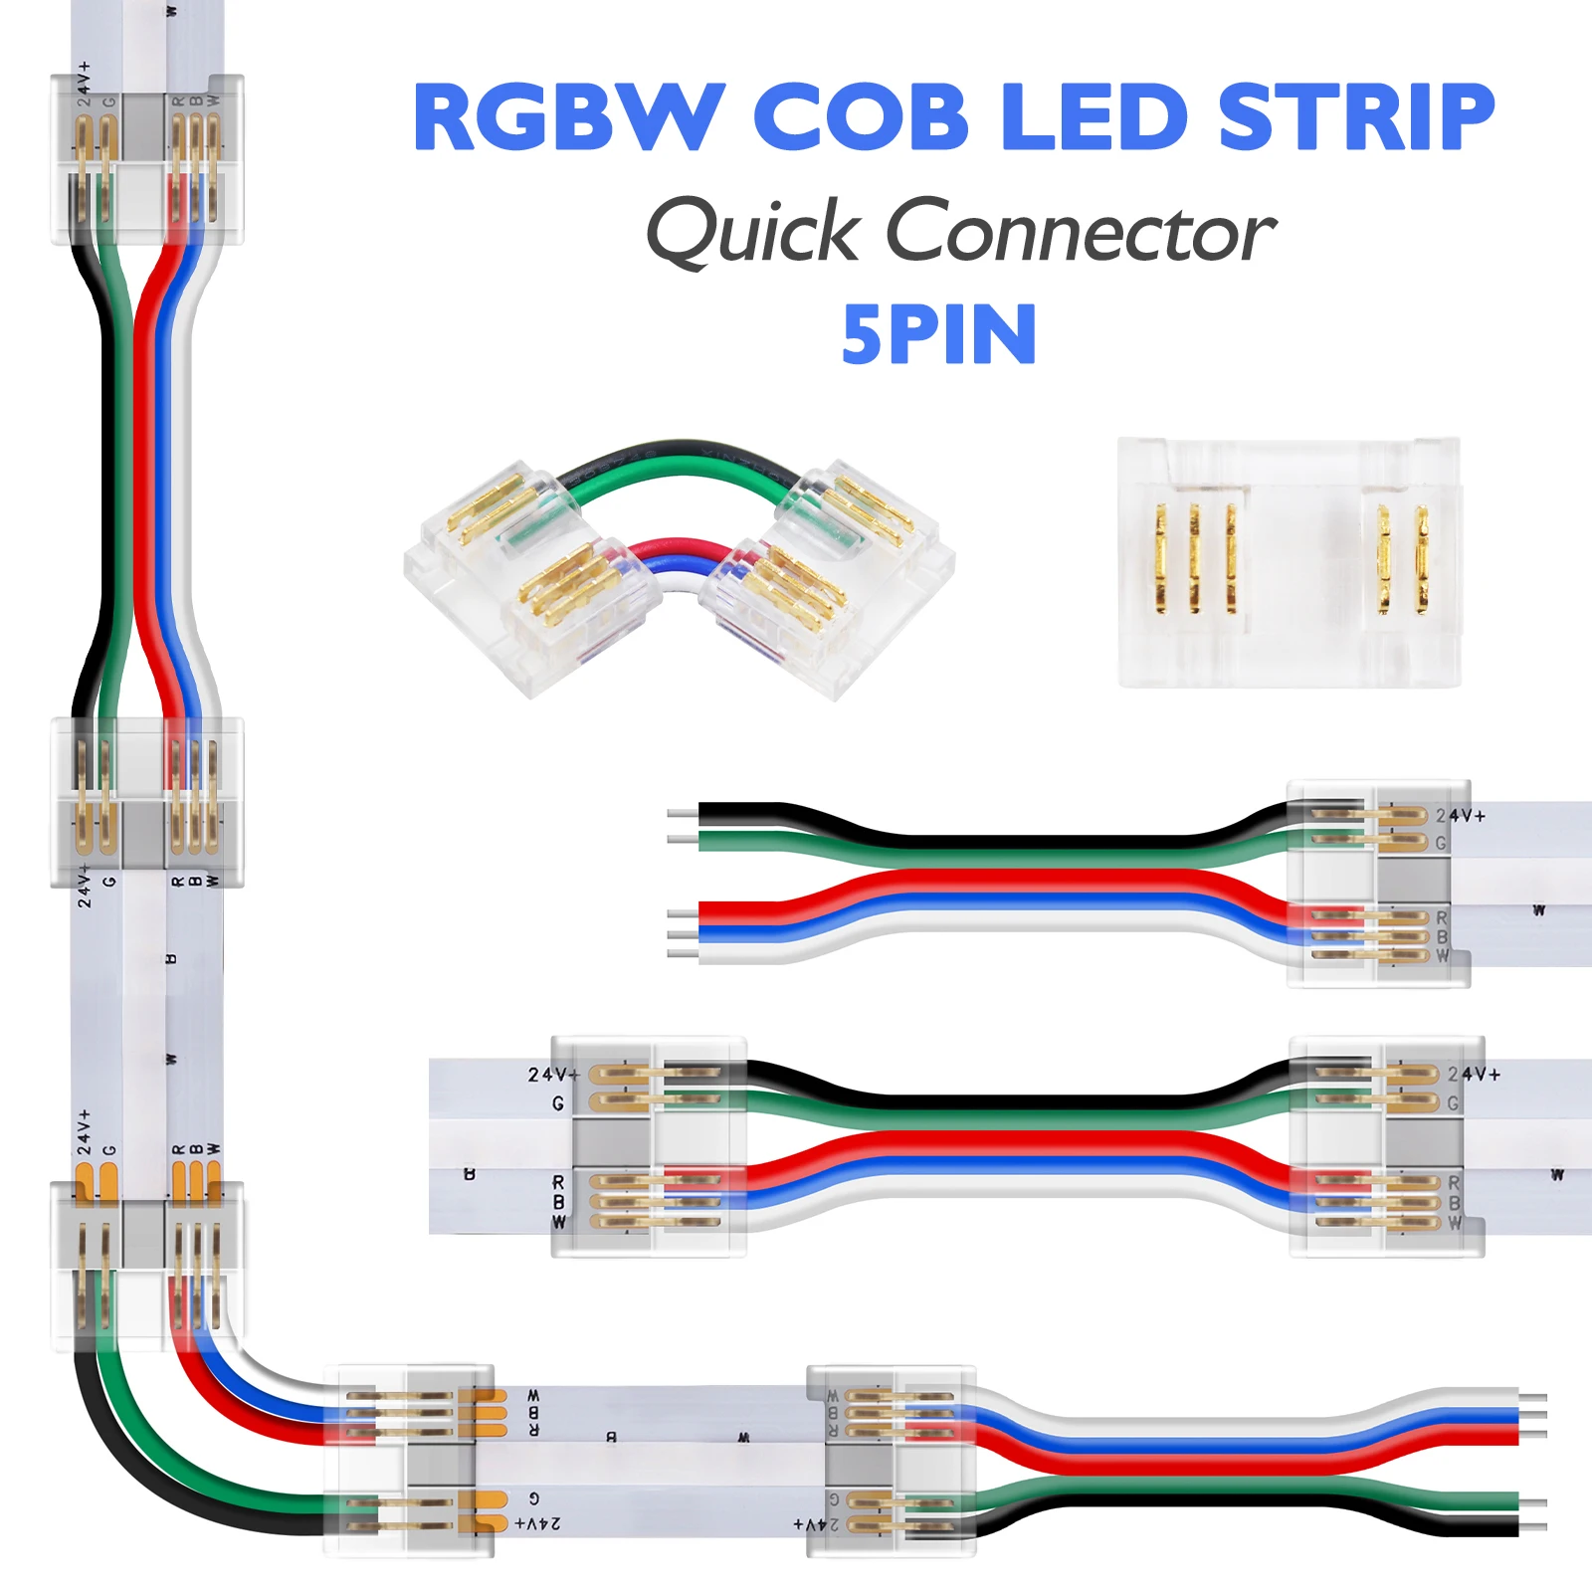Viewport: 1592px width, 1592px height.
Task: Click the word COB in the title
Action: pos(861,117)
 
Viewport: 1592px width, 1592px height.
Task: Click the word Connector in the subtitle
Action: pos(1080,232)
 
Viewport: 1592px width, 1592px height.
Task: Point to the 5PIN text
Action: pos(939,335)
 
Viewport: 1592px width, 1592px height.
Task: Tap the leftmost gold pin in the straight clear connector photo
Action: pos(1160,557)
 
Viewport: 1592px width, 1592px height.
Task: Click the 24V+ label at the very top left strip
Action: pos(85,83)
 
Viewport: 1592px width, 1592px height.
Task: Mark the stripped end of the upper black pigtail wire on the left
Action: pos(682,814)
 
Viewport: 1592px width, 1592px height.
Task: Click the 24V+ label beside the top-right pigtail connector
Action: pos(1460,816)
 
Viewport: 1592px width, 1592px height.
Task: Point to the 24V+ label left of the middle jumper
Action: pos(553,1075)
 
